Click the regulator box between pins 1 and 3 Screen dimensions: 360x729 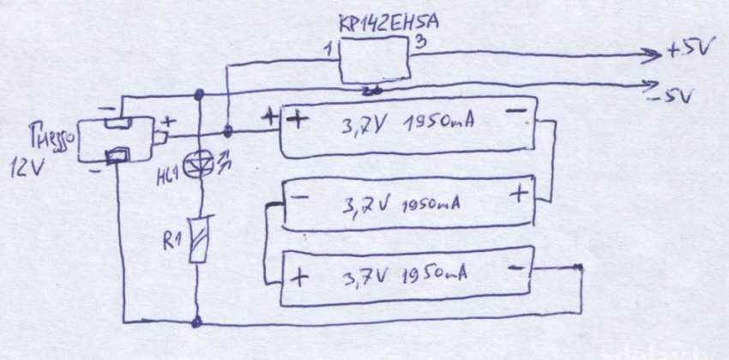[375, 61]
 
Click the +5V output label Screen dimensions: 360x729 [687, 52]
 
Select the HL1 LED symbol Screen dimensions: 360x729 [199, 162]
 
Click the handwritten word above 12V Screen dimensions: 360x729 [53, 136]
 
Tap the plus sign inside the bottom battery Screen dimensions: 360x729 [299, 277]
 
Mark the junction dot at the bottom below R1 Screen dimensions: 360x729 [199, 323]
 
